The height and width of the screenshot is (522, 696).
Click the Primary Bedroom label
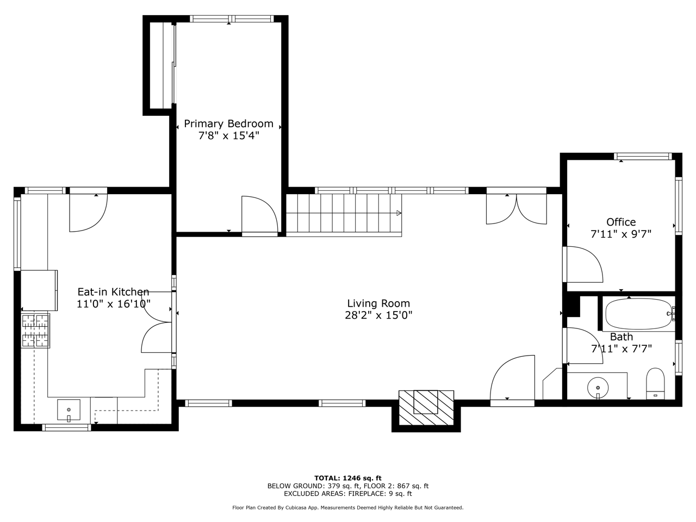228,123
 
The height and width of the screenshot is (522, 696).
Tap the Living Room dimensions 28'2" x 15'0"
378,315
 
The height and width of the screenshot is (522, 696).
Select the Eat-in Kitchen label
113,291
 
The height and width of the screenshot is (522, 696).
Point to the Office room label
621,222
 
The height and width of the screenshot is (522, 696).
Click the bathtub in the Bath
638,314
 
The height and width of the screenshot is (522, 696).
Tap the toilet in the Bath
655,383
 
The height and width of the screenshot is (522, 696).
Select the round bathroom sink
598,388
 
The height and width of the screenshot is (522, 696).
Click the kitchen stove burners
35,331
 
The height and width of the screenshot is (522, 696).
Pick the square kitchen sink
69,410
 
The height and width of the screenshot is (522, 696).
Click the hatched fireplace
426,408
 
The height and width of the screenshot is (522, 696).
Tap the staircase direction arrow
399,213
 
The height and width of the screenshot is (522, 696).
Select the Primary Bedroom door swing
260,214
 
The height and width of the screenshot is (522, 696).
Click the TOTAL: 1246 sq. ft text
348,478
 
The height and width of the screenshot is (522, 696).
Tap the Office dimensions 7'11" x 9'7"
621,234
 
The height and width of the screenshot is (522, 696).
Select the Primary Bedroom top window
232,18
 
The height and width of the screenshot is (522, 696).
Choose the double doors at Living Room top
516,209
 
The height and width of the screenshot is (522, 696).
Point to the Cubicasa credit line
348,507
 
